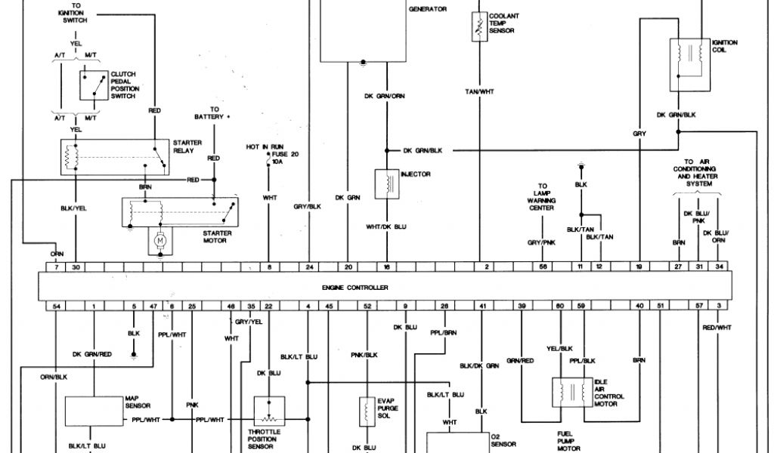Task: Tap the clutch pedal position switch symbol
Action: [94, 85]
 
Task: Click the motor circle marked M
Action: [159, 240]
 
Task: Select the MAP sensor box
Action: [94, 411]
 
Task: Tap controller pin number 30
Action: [76, 267]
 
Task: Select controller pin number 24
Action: [309, 267]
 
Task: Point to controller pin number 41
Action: [481, 306]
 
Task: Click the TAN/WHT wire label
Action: [478, 91]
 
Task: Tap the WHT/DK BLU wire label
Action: [386, 226]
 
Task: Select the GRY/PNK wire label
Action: [540, 242]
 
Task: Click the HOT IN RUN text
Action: [263, 146]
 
